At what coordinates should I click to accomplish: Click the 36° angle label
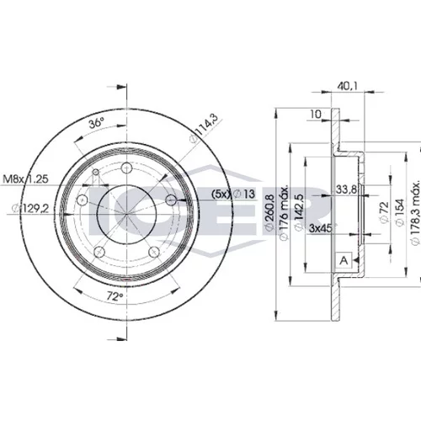(x=96, y=123)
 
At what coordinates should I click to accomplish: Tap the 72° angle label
(x=115, y=296)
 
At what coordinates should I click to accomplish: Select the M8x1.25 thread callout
(x=25, y=179)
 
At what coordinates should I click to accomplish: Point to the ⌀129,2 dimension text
(x=30, y=209)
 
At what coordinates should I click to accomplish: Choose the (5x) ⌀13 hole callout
(x=233, y=194)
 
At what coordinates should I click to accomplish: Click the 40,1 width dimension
(x=347, y=86)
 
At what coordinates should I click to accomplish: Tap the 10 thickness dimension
(x=316, y=115)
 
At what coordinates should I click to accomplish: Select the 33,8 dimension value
(x=346, y=189)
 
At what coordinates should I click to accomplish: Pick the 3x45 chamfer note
(x=320, y=228)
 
